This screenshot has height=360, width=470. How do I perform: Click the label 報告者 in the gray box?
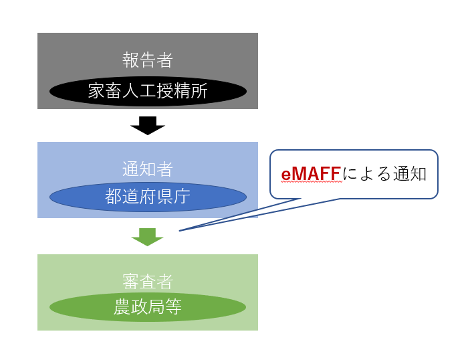(148, 60)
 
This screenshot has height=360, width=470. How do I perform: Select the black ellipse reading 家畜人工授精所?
(148, 92)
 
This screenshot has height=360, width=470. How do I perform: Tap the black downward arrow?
(148, 125)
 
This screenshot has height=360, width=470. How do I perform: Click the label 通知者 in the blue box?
(148, 169)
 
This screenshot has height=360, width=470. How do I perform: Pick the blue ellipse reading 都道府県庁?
(148, 197)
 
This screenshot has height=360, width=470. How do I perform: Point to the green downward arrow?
(148, 236)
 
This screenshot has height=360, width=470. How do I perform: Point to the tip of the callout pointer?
(181, 230)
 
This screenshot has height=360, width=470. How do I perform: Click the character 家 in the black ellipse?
(96, 92)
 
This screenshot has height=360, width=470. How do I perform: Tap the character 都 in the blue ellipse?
(114, 197)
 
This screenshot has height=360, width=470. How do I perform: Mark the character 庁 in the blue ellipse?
(182, 197)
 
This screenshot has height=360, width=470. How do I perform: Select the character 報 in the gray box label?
(131, 60)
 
